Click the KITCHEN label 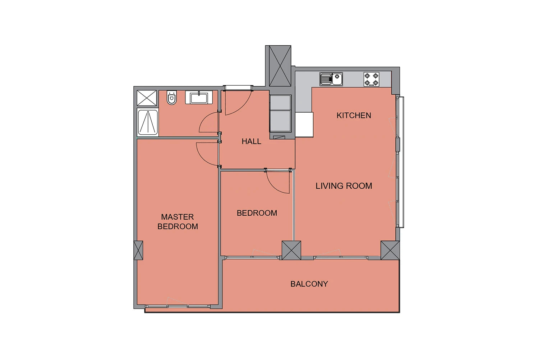tap(354, 116)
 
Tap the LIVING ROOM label tap(344, 186)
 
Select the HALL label tap(251, 141)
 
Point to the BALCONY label tap(309, 284)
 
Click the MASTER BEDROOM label tap(178, 222)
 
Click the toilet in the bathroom tap(171, 97)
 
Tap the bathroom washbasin tap(199, 98)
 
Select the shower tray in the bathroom tap(148, 122)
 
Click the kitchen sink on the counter tap(331, 79)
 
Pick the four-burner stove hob tap(371, 79)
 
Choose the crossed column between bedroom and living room tap(291, 250)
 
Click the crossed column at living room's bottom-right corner tap(390, 250)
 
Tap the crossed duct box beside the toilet tap(147, 98)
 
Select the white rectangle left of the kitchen tap(304, 125)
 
